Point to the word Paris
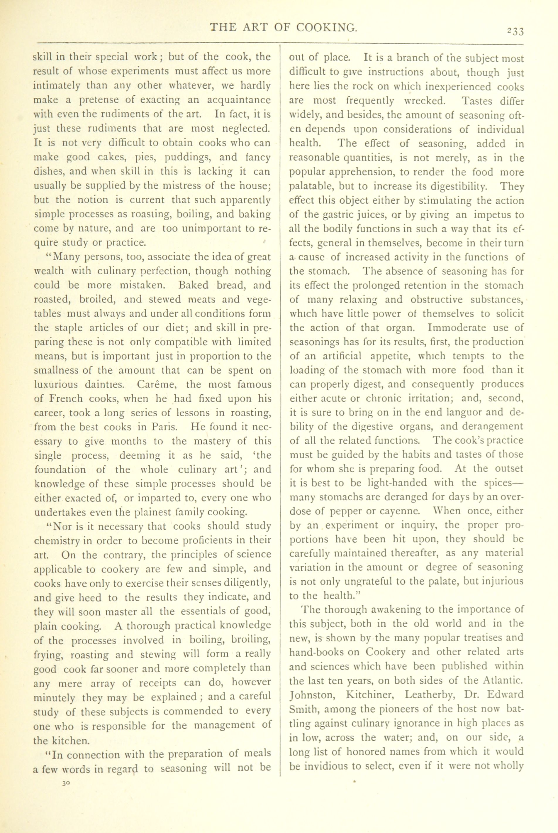click(164, 427)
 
